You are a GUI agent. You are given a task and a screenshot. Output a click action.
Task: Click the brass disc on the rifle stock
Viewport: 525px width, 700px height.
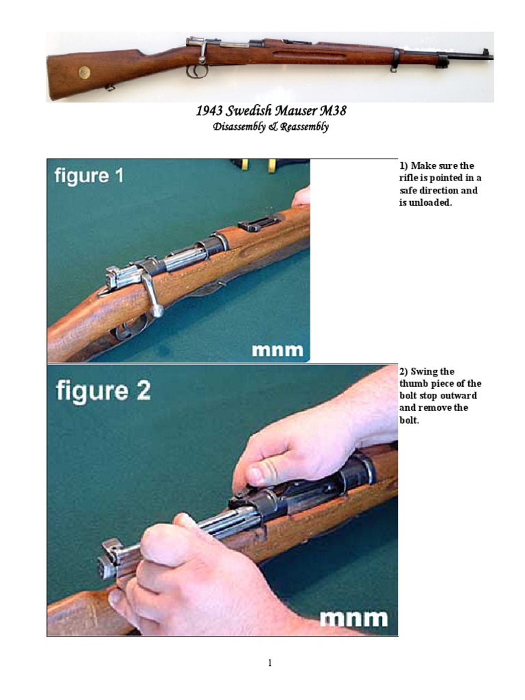pyautogui.click(x=84, y=71)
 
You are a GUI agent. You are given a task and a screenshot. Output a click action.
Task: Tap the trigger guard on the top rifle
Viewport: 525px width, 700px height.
pyautogui.click(x=197, y=71)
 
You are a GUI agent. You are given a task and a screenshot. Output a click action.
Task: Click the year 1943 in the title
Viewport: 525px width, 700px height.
pyautogui.click(x=210, y=111)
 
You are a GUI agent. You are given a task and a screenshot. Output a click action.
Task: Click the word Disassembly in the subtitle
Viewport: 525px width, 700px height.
pyautogui.click(x=240, y=126)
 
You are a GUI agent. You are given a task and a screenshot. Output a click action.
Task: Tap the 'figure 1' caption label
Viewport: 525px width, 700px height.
pyautogui.click(x=90, y=176)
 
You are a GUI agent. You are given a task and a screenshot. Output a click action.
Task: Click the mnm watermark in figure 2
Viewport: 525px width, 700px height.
pyautogui.click(x=354, y=619)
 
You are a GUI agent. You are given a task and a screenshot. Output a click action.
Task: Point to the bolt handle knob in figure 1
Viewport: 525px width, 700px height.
pyautogui.click(x=157, y=312)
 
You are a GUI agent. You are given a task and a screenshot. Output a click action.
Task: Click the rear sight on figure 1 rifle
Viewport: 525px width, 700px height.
pyautogui.click(x=260, y=223)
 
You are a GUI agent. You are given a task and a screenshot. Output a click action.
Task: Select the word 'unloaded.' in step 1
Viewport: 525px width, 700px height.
pyautogui.click(x=425, y=203)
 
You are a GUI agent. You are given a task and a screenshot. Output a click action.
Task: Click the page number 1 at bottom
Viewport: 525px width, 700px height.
pyautogui.click(x=271, y=662)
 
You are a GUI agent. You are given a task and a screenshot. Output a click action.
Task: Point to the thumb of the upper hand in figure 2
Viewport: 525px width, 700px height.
pyautogui.click(x=256, y=474)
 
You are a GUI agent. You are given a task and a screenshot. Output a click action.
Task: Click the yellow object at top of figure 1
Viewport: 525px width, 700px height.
pyautogui.click(x=272, y=165)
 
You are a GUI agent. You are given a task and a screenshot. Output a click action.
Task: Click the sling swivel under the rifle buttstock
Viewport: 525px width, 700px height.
pyautogui.click(x=109, y=87)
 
